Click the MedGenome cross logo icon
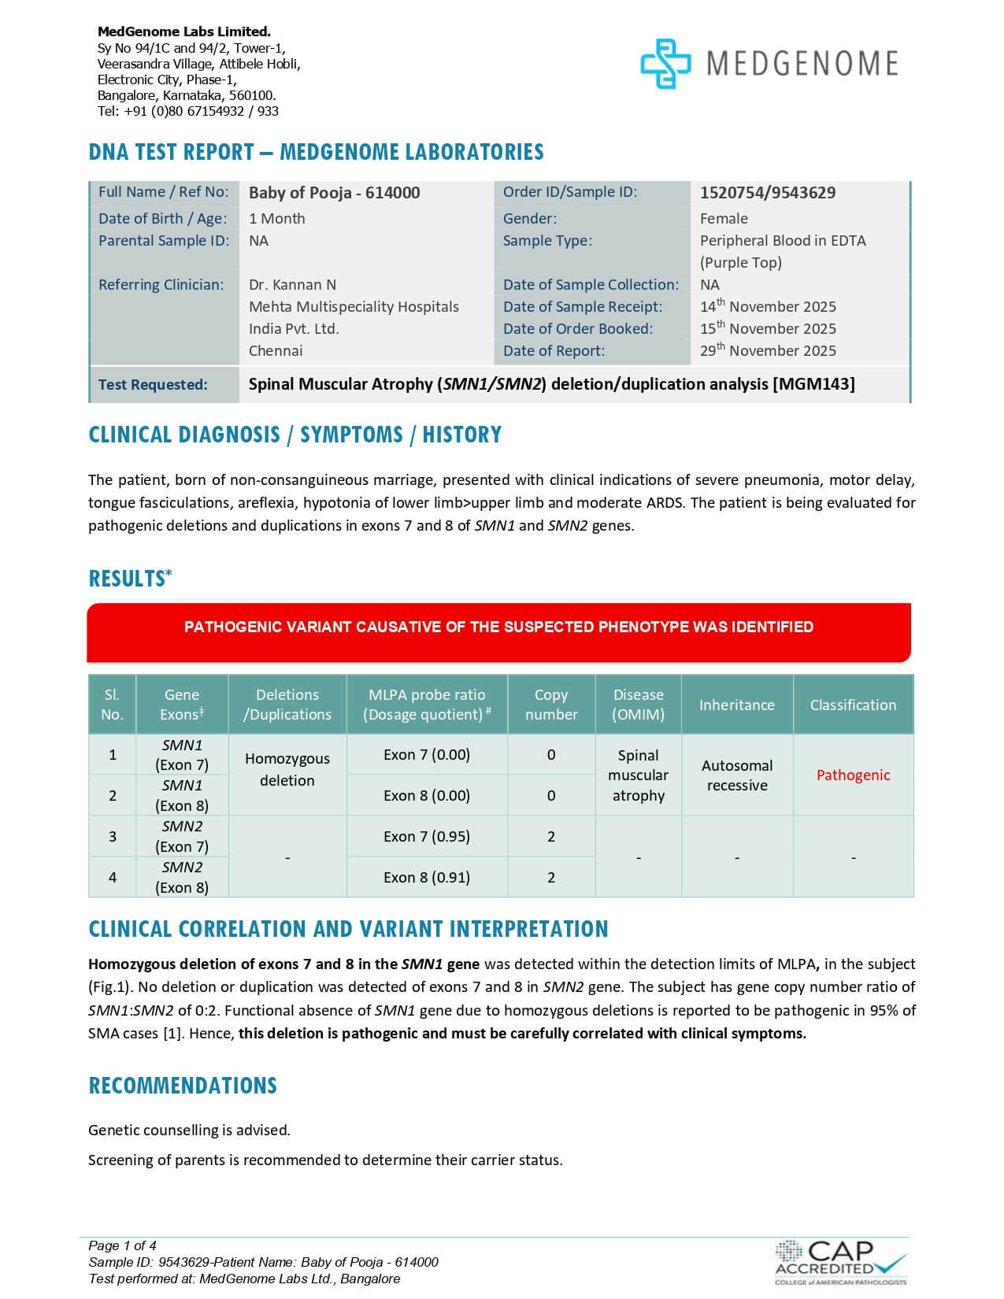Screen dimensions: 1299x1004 point(665,64)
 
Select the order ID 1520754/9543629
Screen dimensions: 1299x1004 point(767,193)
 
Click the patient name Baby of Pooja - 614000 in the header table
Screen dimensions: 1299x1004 point(334,193)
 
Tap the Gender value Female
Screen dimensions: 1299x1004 point(724,219)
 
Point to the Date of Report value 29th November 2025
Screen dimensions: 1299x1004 point(768,351)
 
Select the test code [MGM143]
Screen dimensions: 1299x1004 point(813,384)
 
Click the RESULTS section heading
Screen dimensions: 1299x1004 point(127,579)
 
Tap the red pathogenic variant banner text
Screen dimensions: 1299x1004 point(498,627)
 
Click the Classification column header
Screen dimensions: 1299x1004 point(853,705)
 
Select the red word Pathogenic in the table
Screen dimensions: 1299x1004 point(853,775)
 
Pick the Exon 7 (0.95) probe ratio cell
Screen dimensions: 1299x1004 point(427,837)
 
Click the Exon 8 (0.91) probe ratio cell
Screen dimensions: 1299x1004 point(427,878)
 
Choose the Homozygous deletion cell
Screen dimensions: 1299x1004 point(287,770)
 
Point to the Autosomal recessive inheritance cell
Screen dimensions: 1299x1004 point(737,775)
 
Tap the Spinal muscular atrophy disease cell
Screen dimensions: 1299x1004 point(638,775)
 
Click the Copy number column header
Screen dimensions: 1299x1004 point(551,705)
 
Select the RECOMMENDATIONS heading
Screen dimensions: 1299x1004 point(183,1086)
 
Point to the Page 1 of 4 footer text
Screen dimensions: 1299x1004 point(123,1245)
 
